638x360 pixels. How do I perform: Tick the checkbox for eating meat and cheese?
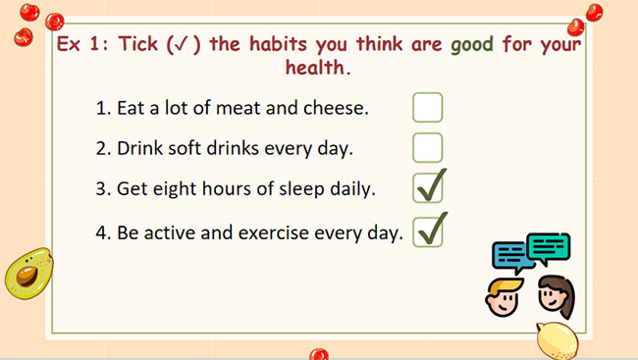tap(427, 107)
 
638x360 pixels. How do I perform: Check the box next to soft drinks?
tap(427, 147)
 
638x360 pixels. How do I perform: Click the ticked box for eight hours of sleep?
tap(428, 187)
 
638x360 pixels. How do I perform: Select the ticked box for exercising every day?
tap(428, 231)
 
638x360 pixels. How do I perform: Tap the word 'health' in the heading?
tap(315, 69)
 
